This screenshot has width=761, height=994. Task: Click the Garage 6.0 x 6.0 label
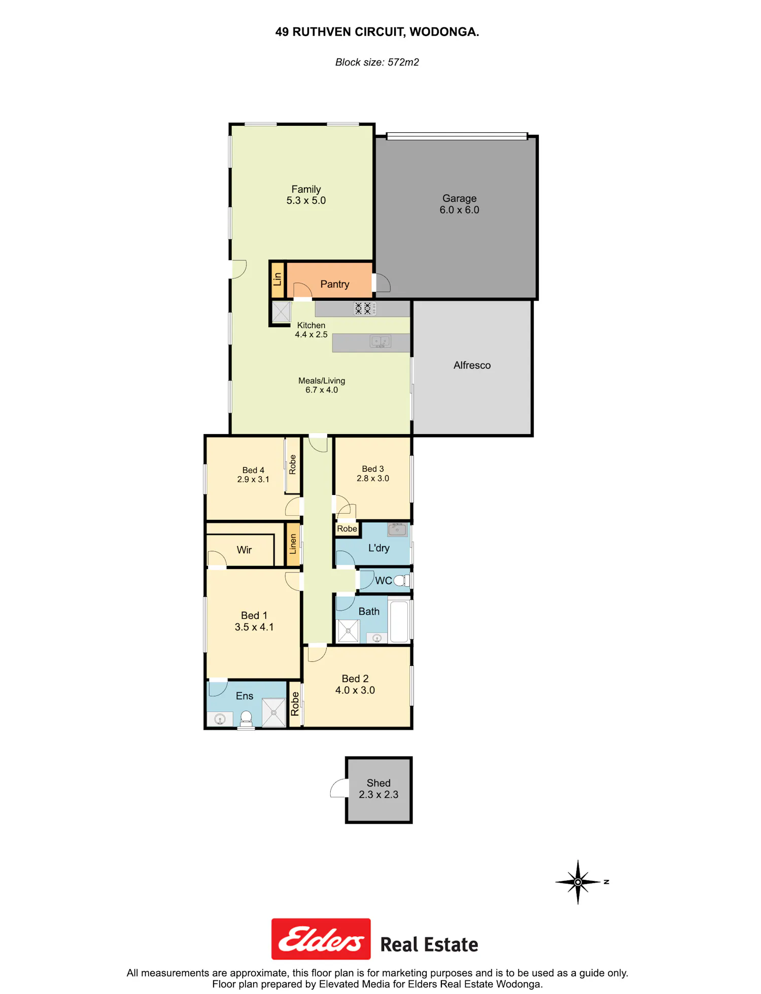(x=459, y=204)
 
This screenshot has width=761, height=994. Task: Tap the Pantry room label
(x=335, y=284)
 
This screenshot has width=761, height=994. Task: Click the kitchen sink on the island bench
(x=380, y=342)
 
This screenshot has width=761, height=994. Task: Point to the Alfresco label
(x=472, y=365)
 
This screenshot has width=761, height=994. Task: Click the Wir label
(x=244, y=550)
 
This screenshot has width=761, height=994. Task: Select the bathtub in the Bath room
(x=399, y=621)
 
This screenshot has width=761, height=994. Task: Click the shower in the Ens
(x=273, y=713)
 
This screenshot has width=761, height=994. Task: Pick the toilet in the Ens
(x=246, y=718)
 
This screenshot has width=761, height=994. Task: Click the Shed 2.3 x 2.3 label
(x=378, y=789)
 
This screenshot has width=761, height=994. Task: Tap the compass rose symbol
(x=578, y=882)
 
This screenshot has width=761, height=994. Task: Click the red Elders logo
(x=321, y=939)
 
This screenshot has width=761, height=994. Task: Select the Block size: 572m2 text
(x=377, y=62)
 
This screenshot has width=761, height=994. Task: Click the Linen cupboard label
(x=293, y=544)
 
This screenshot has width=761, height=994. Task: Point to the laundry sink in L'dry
(x=397, y=529)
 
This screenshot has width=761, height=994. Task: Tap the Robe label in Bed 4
(x=292, y=465)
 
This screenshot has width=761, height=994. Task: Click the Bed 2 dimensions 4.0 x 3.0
(x=355, y=690)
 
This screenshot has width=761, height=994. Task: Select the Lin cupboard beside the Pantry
(x=278, y=279)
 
